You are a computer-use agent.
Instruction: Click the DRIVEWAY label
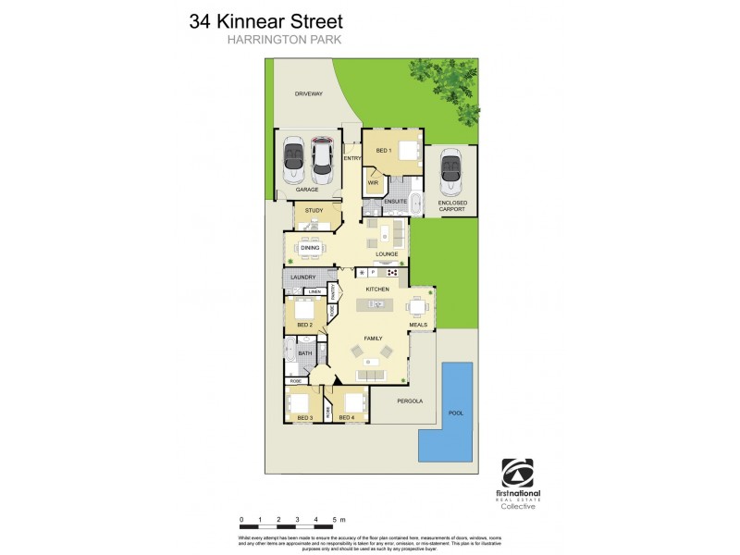tap(308, 94)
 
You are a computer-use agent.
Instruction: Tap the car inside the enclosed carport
tap(452, 170)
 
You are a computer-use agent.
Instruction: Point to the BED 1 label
tap(383, 150)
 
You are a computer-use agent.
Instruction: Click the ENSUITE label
tap(396, 201)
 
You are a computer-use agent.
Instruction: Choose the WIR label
tap(373, 183)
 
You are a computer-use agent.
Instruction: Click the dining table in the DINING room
tap(310, 247)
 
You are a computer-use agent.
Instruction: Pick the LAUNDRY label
tap(303, 277)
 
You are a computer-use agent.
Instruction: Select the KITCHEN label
tap(377, 290)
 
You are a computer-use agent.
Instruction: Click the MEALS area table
tap(418, 307)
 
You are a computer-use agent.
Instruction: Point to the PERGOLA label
tap(410, 401)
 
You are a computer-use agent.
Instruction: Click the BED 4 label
tap(346, 418)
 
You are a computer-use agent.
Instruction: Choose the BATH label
tap(305, 352)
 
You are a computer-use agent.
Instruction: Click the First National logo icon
tap(517, 473)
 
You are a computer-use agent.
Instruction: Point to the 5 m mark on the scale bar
tap(338, 520)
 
